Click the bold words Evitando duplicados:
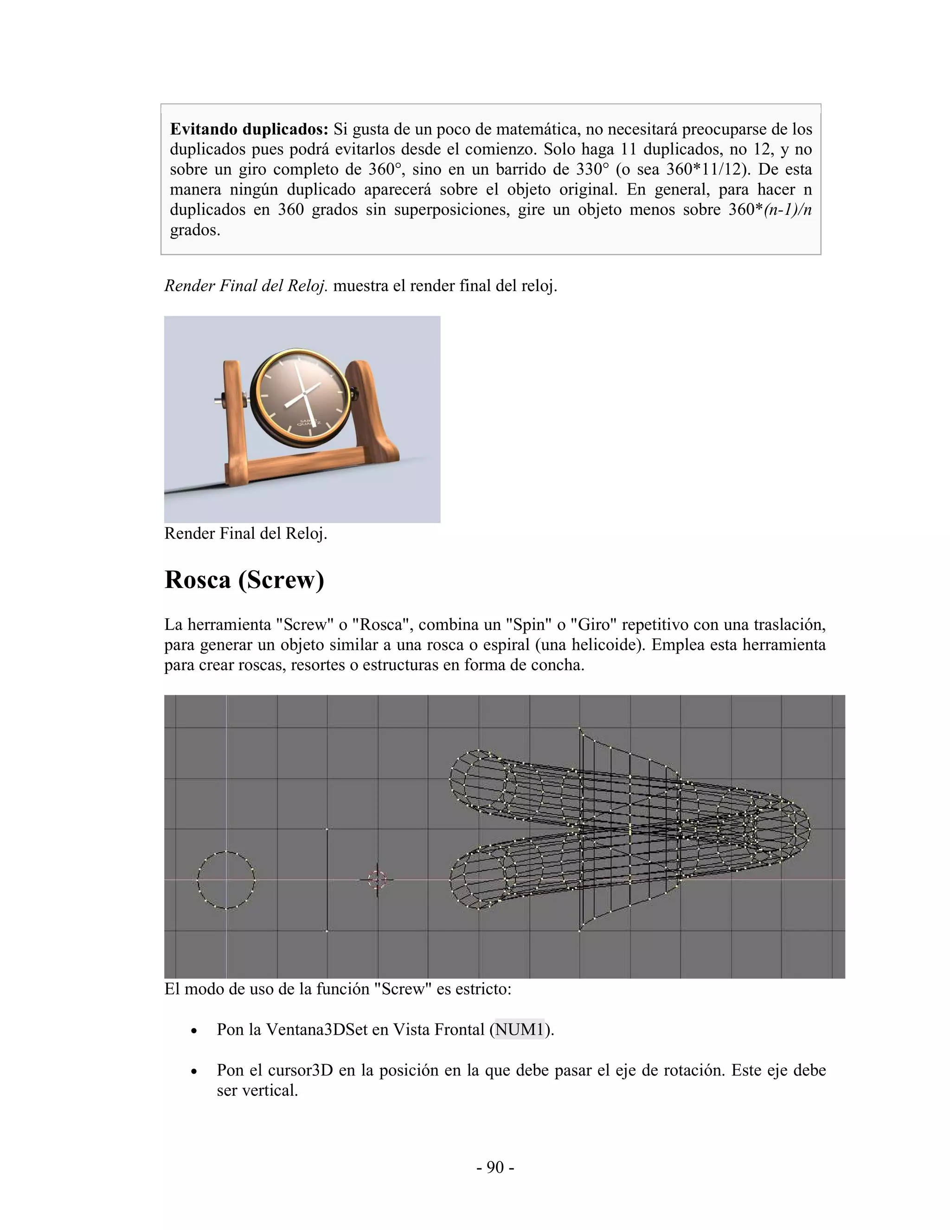coord(249,129)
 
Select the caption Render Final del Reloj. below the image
coord(245,534)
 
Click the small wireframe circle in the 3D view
coord(226,880)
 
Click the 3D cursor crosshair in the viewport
coord(377,879)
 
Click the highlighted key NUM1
coord(520,1029)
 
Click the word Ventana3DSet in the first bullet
coord(316,1029)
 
